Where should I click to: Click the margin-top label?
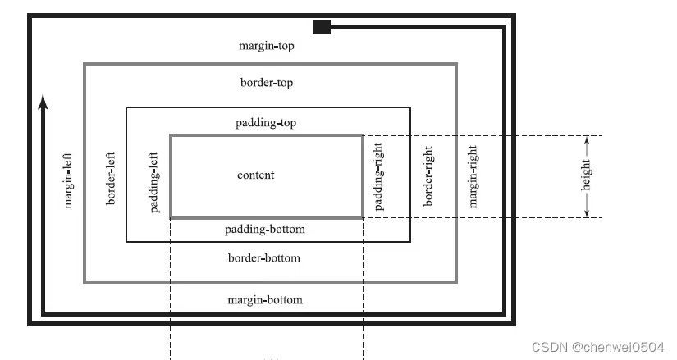(266, 47)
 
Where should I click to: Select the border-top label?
(267, 83)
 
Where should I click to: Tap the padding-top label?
(266, 123)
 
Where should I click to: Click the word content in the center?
(256, 175)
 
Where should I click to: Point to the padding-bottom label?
(265, 229)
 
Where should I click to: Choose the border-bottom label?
(264, 258)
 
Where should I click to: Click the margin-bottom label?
(265, 299)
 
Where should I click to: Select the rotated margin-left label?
(69, 178)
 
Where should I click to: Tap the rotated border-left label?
(111, 177)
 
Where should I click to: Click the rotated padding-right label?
(379, 176)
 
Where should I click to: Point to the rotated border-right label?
(428, 176)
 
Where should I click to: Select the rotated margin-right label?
(472, 176)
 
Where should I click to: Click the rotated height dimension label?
(586, 175)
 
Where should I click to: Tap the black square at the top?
(322, 27)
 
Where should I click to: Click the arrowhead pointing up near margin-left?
(43, 101)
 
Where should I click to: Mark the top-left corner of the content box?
(171, 135)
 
